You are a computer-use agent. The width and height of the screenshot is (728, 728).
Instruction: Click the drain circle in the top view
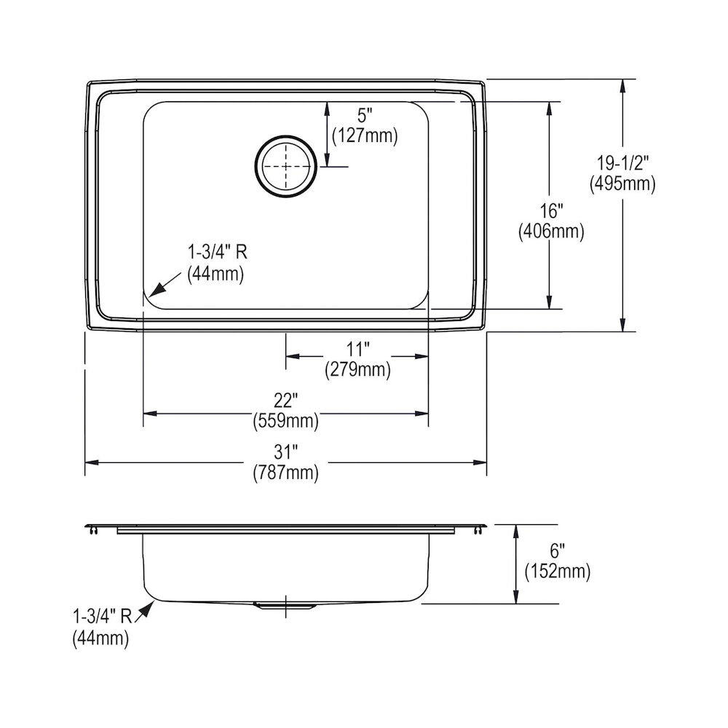285,166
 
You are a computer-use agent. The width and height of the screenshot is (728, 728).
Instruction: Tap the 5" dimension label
365,116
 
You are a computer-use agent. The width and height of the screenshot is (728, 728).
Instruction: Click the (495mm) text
622,184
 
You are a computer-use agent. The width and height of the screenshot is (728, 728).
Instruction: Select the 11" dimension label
357,349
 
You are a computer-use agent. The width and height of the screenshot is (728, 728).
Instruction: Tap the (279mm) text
357,370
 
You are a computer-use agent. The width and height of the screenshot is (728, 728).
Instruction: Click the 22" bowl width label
285,400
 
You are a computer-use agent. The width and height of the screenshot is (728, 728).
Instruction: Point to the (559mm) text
285,420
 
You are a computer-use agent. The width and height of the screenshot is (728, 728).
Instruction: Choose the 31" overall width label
285,452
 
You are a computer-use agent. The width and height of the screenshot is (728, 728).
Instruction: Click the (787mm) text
285,472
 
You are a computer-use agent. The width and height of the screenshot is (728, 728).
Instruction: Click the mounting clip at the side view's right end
478,529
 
